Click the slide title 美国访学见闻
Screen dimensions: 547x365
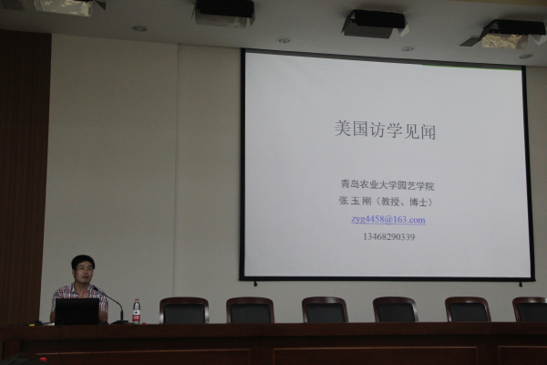[x=385, y=130]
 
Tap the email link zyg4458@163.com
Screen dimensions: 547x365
[x=388, y=220]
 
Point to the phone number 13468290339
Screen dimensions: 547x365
[x=388, y=237]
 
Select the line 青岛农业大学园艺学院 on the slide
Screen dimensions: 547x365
[x=387, y=185]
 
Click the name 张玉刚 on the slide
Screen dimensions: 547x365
[x=355, y=201]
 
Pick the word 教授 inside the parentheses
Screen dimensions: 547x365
[x=389, y=202]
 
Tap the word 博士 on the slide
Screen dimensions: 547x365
[x=418, y=202]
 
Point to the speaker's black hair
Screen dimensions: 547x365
[x=83, y=261]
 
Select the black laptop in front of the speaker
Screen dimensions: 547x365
[x=77, y=311]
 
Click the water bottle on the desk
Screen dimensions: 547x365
[x=137, y=311]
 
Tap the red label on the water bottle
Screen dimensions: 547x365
[x=137, y=315]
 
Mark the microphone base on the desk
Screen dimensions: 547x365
[x=119, y=322]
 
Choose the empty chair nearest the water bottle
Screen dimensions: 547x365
[x=184, y=310]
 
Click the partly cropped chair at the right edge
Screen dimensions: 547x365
[x=530, y=309]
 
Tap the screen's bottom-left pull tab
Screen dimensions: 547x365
[x=255, y=284]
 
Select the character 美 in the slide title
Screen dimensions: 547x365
[x=342, y=129]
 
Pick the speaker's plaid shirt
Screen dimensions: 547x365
[x=79, y=297]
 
